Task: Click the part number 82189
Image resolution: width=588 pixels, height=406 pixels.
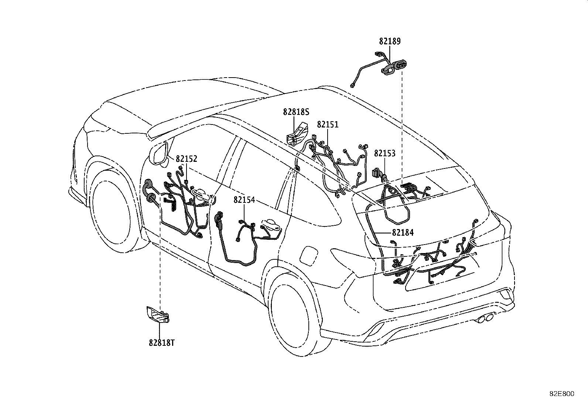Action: coord(390,41)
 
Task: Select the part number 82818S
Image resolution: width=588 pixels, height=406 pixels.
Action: coord(296,112)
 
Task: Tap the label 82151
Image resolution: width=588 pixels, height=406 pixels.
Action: coord(328,124)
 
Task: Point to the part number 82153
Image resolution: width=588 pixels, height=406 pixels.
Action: coord(384,153)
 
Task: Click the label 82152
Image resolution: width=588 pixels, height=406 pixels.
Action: coord(187,159)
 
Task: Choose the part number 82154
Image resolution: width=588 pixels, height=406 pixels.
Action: coord(244,200)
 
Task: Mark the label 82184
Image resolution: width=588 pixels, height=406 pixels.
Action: coord(403,233)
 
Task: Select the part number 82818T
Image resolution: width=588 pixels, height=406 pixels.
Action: coord(162,343)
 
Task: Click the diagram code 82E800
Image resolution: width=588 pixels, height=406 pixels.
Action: coord(562,394)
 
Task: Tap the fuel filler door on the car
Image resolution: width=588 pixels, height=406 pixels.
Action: coord(309,255)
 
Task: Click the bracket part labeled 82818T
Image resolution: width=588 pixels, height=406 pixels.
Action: coord(158,314)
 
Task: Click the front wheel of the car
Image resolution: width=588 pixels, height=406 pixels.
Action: coord(113,210)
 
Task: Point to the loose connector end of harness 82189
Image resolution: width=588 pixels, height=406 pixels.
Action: coord(352,85)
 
